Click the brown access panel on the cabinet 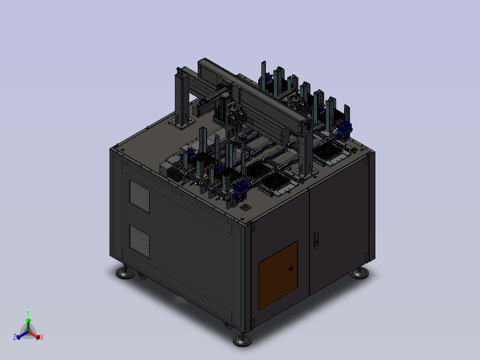pos(278,275)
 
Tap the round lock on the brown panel pos(291,268)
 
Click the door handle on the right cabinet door pos(316,239)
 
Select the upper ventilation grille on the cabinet pos(139,196)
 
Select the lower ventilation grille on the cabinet pos(139,242)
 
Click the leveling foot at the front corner pos(242,339)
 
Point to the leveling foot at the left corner pos(125,272)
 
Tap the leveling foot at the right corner pos(359,273)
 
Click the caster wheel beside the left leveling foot pos(142,276)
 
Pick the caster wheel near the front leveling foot pos(228,325)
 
